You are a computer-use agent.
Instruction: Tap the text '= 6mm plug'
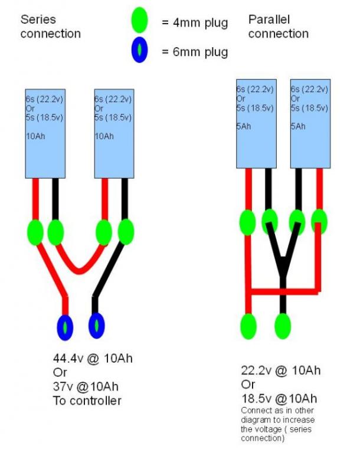[x=194, y=52]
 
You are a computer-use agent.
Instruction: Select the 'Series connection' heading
[x=50, y=26]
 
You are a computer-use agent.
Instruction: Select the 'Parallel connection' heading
[x=278, y=26]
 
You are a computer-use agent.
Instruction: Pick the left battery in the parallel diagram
[x=255, y=124]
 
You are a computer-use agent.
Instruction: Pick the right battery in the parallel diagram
[x=310, y=124]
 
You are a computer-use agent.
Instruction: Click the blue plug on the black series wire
[x=96, y=326]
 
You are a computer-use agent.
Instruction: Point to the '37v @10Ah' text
[x=86, y=387]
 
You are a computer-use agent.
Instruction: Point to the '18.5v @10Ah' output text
[x=279, y=398]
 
